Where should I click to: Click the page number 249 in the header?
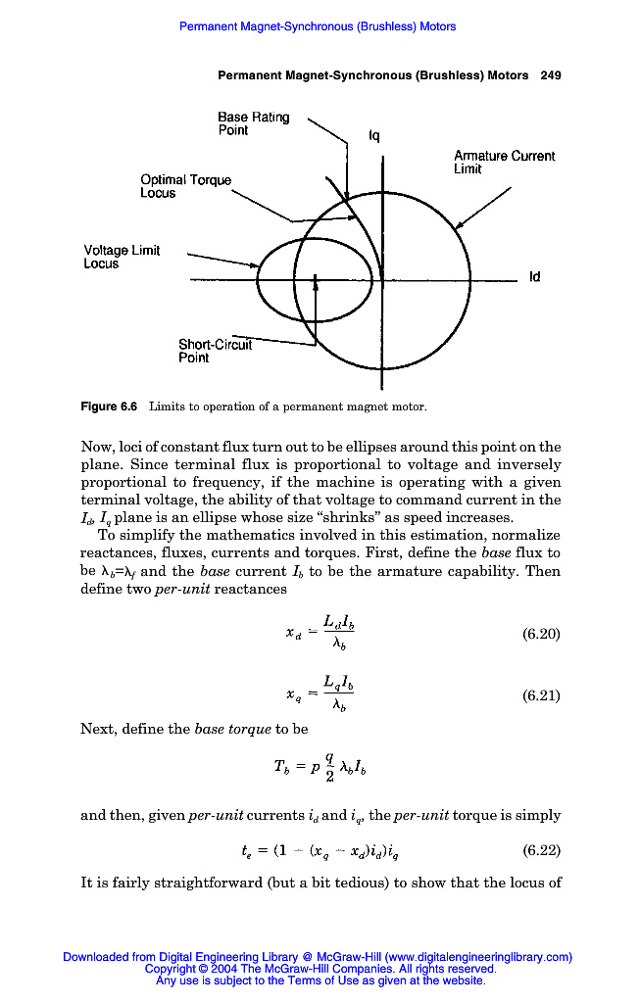(x=551, y=75)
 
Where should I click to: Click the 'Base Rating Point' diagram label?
(x=253, y=123)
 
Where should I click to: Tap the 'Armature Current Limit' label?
(x=504, y=163)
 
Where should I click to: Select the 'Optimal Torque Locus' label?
(x=185, y=186)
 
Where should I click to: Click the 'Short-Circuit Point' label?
(x=214, y=351)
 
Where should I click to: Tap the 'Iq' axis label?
(x=373, y=138)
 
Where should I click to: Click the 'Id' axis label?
(x=534, y=278)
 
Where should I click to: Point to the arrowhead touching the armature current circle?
(x=460, y=224)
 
